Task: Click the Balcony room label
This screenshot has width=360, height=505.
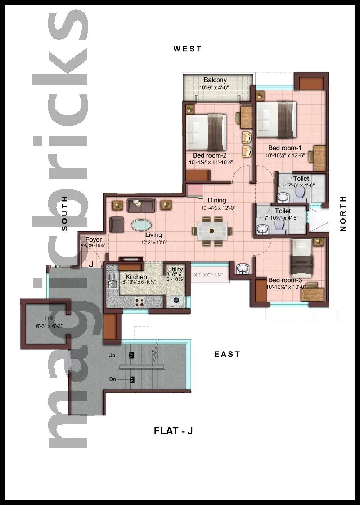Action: tap(215, 80)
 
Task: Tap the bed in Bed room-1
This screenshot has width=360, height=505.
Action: tap(276, 120)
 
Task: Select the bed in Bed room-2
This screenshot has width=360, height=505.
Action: tap(206, 132)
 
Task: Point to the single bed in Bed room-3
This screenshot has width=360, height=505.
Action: tap(302, 257)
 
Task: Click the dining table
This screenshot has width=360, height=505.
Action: tap(212, 231)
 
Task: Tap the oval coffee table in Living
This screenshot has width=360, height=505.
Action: tap(141, 225)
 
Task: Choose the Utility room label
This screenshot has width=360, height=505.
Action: tap(175, 269)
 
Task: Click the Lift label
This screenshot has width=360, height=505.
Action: tap(49, 318)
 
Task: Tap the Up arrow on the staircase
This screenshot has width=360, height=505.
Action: tap(132, 355)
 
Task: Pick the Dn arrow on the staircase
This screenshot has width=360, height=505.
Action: tap(132, 379)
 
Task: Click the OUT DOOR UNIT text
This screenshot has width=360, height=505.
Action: tap(208, 275)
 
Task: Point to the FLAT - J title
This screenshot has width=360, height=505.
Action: tap(173, 431)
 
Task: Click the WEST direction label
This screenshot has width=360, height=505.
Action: tap(188, 49)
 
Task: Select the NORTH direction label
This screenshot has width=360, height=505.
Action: tap(343, 213)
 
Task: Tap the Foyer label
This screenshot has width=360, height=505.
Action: tap(93, 240)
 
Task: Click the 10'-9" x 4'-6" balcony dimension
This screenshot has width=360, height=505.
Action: tap(215, 87)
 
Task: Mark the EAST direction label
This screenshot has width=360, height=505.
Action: tap(227, 354)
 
